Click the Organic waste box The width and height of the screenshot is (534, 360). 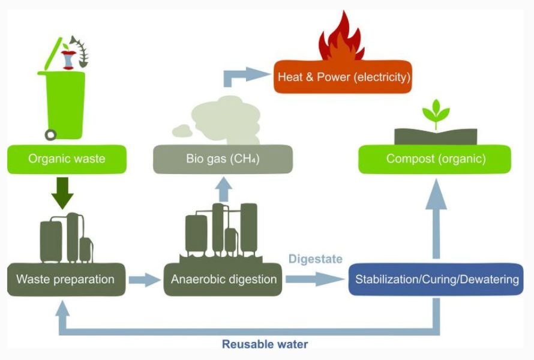66,159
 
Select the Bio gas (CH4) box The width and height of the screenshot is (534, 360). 222,159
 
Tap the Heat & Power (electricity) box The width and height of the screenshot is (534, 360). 343,77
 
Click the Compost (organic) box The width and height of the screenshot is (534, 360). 435,159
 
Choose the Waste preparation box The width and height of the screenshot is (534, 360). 65,279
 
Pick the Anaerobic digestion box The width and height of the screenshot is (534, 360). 223,279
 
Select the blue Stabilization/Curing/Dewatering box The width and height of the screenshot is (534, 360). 436,279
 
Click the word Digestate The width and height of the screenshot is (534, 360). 315,259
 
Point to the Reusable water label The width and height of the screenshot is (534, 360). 265,344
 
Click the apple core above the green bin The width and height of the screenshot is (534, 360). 67,59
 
